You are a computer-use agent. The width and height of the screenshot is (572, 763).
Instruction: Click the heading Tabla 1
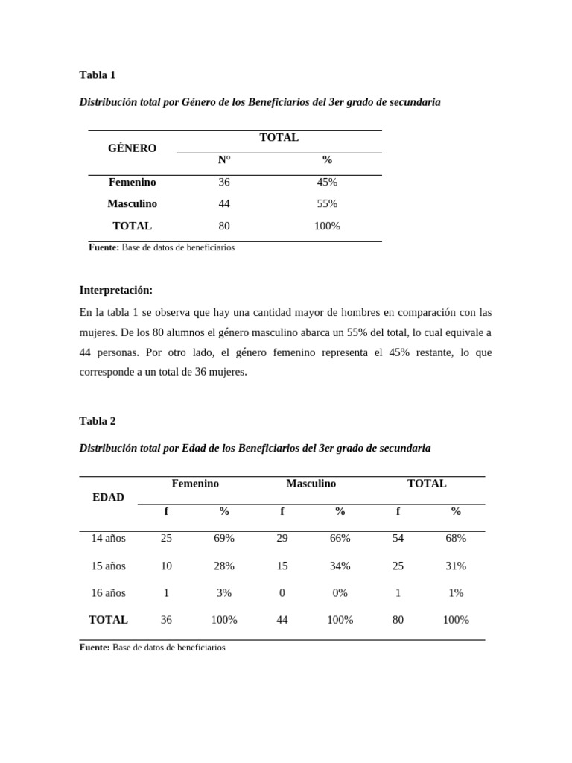click(97, 75)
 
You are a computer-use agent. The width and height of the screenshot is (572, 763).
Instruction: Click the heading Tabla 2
click(97, 420)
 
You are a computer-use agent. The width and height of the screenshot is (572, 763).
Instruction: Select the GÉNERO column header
click(132, 148)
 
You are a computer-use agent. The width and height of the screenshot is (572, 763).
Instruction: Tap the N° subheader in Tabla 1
click(224, 159)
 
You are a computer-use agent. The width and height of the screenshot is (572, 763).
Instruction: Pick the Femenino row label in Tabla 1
click(132, 182)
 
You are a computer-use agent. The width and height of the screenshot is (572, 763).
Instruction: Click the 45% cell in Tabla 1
click(327, 182)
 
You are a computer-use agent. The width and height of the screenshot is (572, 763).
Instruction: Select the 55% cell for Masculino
click(327, 203)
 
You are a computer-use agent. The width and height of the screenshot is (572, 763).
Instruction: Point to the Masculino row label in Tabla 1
click(132, 203)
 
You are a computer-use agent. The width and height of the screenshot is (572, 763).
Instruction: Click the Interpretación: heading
click(115, 290)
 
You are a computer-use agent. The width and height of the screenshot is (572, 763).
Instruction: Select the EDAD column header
click(108, 497)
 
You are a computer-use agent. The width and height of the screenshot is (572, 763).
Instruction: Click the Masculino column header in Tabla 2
click(311, 484)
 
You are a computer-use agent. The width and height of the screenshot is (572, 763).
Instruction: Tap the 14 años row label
click(108, 538)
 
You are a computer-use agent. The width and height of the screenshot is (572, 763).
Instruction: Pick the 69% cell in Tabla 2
click(224, 538)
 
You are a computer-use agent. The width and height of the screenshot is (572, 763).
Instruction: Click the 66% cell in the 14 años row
click(340, 538)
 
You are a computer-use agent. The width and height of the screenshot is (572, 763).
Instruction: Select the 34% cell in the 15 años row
click(340, 566)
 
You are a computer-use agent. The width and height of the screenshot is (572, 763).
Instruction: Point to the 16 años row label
click(108, 593)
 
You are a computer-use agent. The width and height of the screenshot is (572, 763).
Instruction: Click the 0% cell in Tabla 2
click(340, 593)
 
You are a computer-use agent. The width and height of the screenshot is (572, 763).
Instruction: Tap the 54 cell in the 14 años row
click(398, 538)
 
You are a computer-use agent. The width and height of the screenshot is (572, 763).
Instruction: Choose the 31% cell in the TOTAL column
click(456, 566)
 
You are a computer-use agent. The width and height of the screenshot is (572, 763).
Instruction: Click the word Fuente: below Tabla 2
click(95, 648)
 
